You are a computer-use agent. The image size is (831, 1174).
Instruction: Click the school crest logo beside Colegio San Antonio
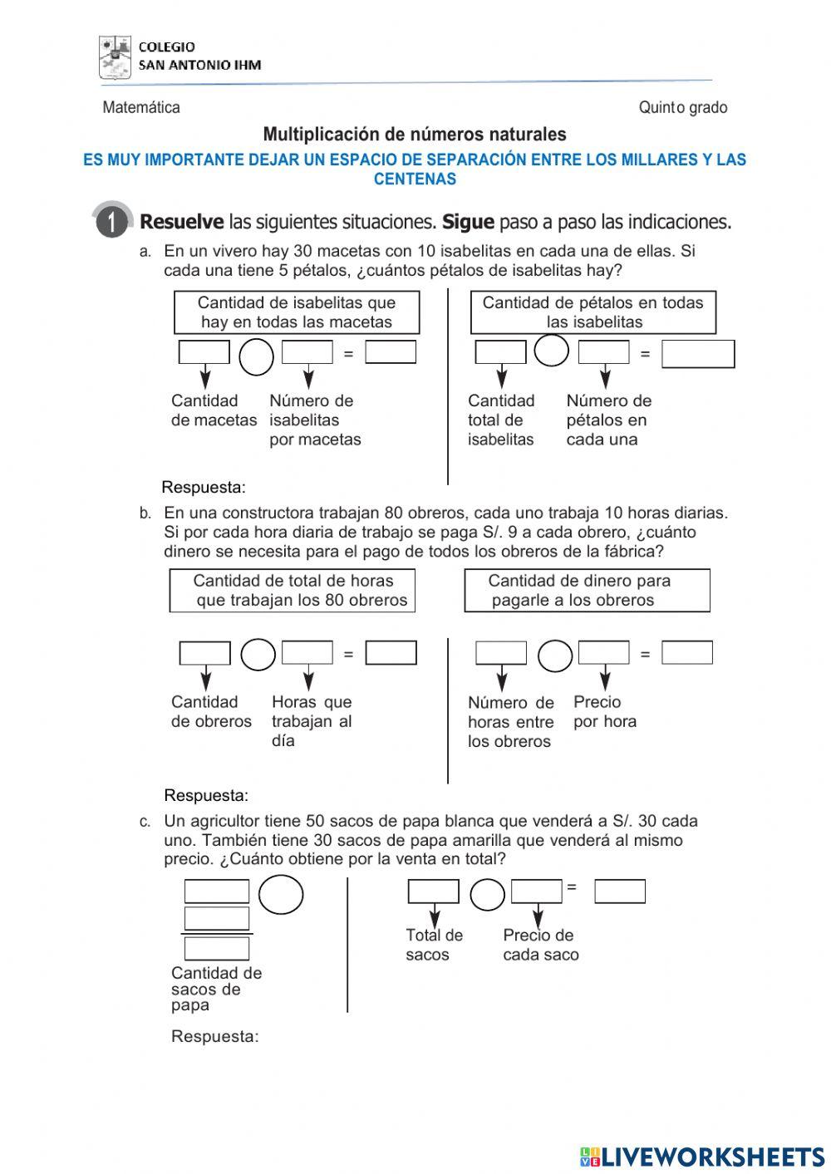(115, 57)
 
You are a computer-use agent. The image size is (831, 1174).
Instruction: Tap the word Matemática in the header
(141, 107)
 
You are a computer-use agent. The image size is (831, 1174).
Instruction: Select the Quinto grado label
(682, 107)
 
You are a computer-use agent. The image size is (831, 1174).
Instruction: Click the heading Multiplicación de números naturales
(415, 135)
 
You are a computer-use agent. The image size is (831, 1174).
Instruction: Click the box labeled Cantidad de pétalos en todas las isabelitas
(593, 312)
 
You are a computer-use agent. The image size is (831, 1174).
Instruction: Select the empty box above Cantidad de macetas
(204, 352)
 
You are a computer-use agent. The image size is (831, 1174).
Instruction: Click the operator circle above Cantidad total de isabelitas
(551, 350)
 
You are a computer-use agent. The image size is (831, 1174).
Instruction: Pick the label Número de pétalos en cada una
(608, 420)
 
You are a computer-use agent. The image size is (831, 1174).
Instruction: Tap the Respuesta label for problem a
(204, 487)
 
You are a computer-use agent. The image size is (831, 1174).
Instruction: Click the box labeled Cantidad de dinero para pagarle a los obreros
(587, 591)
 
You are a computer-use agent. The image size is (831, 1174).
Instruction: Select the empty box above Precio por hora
(603, 653)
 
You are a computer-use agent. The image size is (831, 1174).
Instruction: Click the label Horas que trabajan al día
(312, 721)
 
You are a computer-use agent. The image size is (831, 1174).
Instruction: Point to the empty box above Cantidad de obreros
(204, 654)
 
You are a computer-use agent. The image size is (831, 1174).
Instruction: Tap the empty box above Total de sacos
(433, 892)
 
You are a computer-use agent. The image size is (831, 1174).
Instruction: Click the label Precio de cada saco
(540, 945)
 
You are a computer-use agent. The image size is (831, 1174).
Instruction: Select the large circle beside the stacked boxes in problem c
(281, 895)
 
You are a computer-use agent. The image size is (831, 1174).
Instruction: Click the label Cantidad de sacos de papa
(216, 989)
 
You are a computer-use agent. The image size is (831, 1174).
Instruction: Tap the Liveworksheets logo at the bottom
(702, 1157)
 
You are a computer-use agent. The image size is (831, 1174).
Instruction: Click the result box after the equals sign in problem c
(620, 892)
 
